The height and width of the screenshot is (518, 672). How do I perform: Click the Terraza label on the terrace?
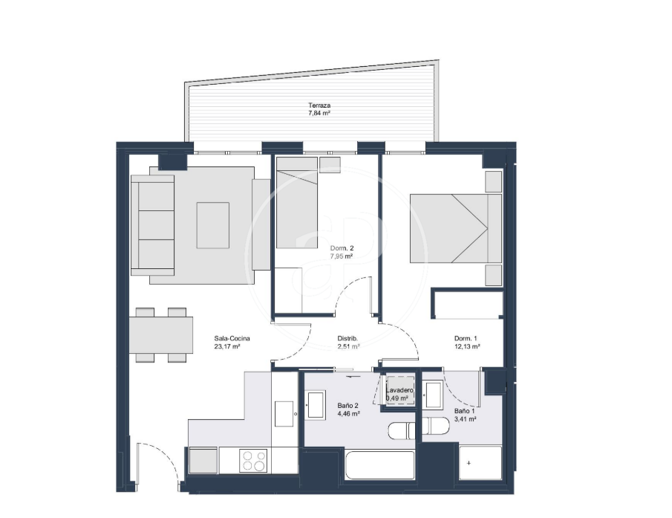tap(319, 106)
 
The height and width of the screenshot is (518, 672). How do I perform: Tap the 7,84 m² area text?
tap(319, 113)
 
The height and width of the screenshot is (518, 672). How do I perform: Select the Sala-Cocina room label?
tap(232, 338)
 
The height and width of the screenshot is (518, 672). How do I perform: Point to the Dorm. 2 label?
tap(342, 248)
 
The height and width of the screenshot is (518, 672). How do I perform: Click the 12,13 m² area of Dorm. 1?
tap(467, 346)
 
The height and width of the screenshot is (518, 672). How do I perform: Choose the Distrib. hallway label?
tap(348, 338)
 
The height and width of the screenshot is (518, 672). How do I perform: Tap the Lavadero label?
tap(399, 390)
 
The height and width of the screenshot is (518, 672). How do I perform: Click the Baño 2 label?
tap(348, 406)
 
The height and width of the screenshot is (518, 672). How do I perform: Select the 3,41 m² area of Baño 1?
tap(465, 419)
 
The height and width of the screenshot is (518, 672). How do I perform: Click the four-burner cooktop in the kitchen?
tap(253, 461)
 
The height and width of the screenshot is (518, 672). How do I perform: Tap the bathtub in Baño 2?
tap(379, 465)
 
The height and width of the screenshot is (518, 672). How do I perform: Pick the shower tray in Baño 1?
tap(480, 463)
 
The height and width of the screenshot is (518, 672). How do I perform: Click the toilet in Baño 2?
tap(402, 430)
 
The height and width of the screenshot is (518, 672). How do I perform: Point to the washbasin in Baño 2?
tap(316, 405)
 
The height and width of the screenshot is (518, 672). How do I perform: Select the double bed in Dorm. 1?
tap(456, 228)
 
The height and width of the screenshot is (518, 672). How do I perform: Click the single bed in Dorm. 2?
tap(296, 203)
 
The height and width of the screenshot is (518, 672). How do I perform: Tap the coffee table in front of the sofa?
tap(213, 225)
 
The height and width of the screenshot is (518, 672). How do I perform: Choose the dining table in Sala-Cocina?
tap(160, 334)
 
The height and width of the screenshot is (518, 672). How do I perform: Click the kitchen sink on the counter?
tap(284, 414)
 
